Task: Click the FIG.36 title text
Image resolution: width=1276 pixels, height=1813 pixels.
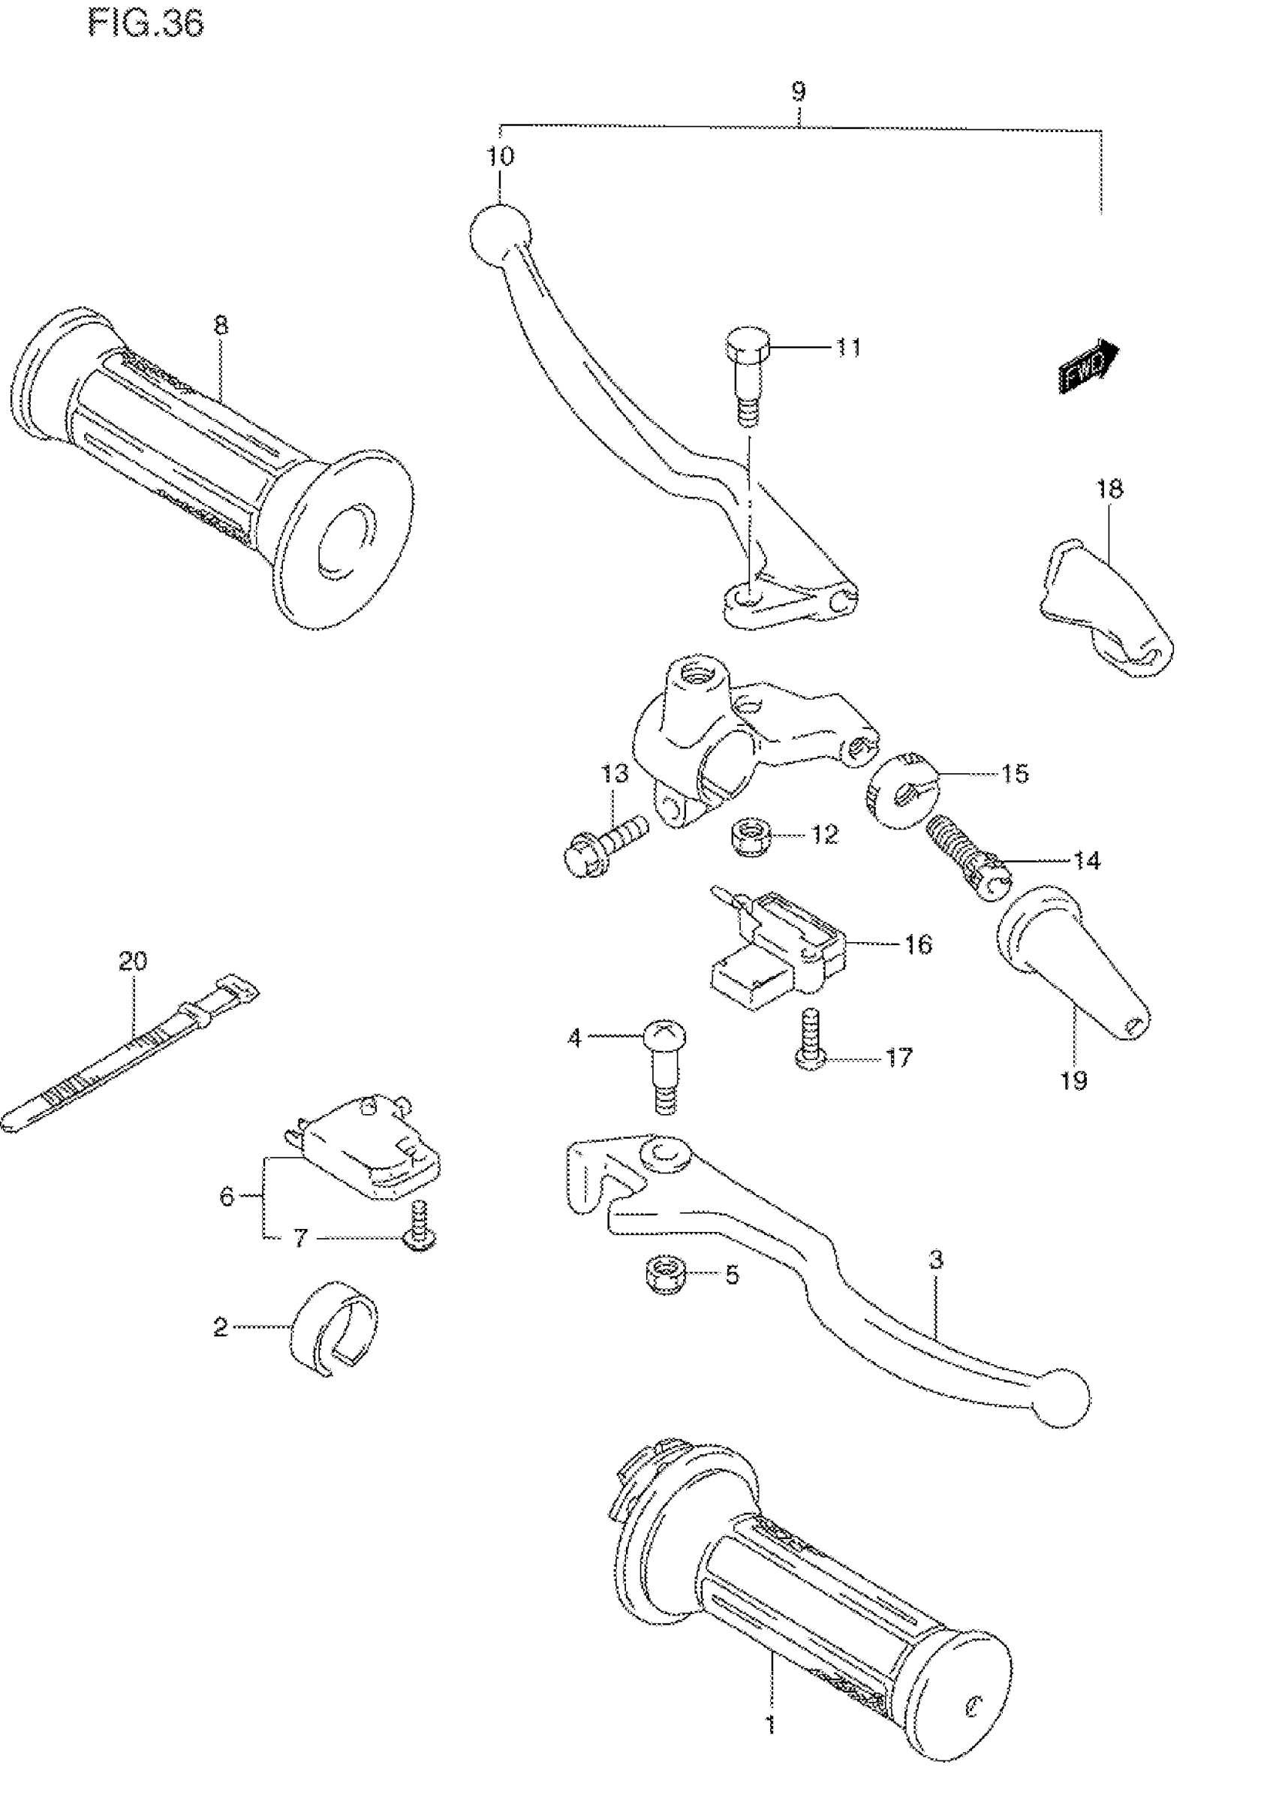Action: (146, 24)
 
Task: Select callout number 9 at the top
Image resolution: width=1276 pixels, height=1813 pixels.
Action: (799, 92)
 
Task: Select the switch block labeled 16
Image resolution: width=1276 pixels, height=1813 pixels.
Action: (778, 954)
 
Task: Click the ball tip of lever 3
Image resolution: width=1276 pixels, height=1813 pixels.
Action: (1062, 1398)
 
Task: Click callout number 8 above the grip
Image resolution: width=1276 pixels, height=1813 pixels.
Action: (221, 324)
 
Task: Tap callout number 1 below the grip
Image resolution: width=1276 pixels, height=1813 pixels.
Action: (770, 1724)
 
